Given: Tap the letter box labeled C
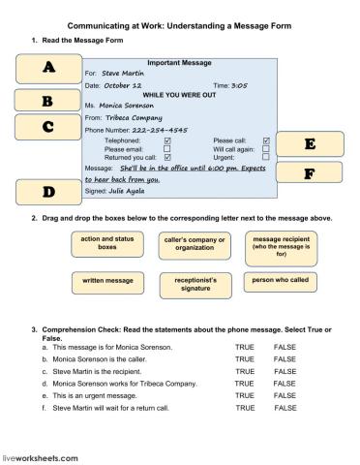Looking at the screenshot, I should click(x=47, y=126).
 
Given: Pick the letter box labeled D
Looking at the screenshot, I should click(x=47, y=192).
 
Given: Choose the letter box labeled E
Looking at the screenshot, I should click(x=309, y=144).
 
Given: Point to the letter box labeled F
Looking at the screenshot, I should click(x=309, y=173).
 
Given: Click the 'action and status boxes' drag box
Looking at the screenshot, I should click(x=105, y=244).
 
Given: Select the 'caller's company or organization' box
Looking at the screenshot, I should click(x=194, y=244).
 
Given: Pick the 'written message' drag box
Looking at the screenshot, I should click(x=105, y=282).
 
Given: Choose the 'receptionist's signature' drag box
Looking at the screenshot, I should click(x=194, y=282).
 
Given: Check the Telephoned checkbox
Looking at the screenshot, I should click(x=167, y=140).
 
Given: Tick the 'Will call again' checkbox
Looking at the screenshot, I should click(x=265, y=148).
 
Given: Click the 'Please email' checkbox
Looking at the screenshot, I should click(x=167, y=148).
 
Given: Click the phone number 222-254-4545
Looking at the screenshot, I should click(x=161, y=130).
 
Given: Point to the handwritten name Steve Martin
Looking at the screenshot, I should click(x=121, y=73).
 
